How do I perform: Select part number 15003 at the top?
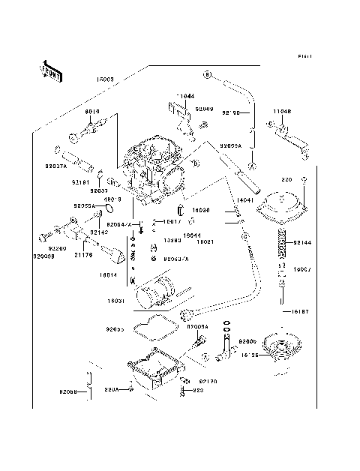click(x=104, y=77)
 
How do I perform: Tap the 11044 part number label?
click(x=185, y=97)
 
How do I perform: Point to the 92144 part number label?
click(x=302, y=243)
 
